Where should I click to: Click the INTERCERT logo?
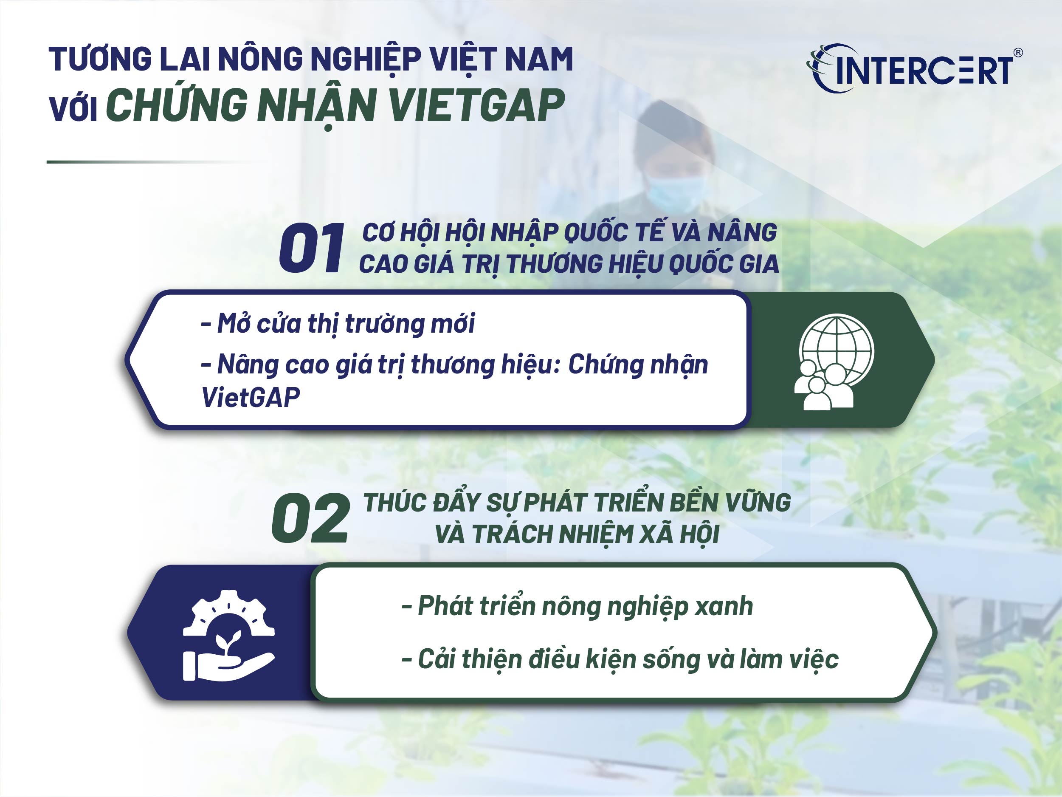point(912,69)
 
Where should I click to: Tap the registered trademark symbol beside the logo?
point(1017,52)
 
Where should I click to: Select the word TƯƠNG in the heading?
point(101,59)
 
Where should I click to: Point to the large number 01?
point(311,249)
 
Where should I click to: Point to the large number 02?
point(310,519)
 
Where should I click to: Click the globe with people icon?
point(834,361)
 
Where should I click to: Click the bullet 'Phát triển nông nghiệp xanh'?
point(577,606)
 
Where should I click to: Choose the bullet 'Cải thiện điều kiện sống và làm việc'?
point(620,659)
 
